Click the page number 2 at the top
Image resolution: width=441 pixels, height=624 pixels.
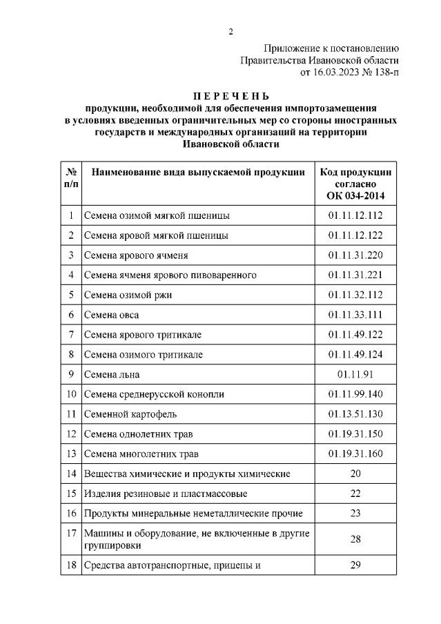click(x=231, y=31)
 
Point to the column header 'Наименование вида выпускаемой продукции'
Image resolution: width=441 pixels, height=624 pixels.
click(x=198, y=173)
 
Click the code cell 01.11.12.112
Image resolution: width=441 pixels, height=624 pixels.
click(x=355, y=215)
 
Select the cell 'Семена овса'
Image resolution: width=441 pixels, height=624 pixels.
click(x=112, y=315)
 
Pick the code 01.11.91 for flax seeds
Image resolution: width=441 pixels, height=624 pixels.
click(x=355, y=374)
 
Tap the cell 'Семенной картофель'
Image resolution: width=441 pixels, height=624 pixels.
click(x=130, y=414)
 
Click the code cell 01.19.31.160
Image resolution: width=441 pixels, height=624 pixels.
click(x=355, y=454)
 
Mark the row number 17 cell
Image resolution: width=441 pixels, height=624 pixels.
click(x=71, y=533)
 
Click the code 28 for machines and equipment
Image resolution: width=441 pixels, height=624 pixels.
click(x=355, y=538)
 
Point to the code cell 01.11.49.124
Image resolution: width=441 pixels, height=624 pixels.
click(x=355, y=354)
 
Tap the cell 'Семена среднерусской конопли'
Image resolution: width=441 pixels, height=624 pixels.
click(x=154, y=394)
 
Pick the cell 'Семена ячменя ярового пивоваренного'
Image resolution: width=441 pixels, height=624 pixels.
click(x=170, y=275)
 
